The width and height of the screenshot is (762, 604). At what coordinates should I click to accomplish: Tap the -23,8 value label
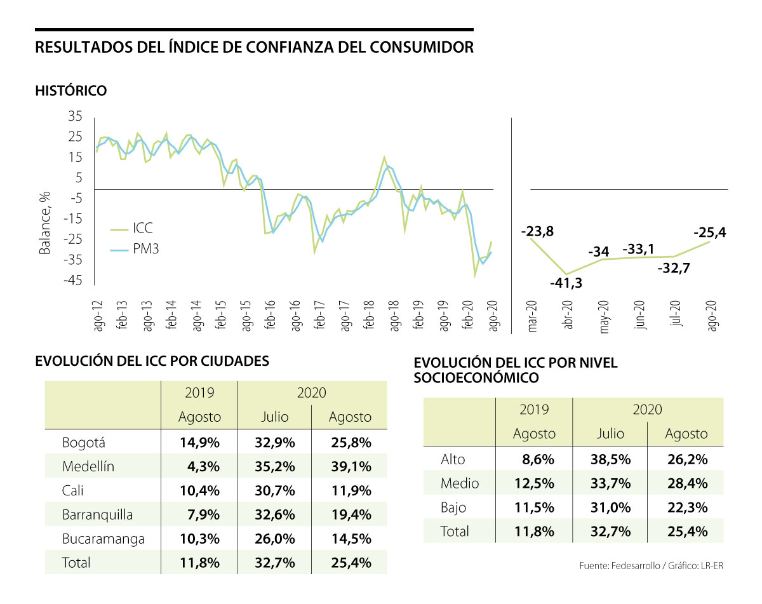537,232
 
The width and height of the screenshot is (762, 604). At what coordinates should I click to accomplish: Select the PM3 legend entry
145,250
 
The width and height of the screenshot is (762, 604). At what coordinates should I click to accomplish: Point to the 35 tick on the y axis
75,117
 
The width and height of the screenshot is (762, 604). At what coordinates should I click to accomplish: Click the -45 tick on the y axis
72,280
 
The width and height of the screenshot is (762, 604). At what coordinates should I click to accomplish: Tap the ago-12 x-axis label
98,315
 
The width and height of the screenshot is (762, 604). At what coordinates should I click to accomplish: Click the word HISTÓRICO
71,91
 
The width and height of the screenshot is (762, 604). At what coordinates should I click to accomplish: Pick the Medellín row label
88,467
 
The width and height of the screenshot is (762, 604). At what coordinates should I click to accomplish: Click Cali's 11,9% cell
350,490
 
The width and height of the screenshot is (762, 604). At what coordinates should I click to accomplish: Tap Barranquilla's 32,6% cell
274,514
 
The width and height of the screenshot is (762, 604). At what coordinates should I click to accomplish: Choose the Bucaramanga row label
104,539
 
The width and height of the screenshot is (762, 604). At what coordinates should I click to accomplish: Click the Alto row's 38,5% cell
610,459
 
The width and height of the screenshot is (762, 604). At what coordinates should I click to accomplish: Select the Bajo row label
453,507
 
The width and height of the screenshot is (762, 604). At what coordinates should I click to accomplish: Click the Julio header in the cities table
274,417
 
